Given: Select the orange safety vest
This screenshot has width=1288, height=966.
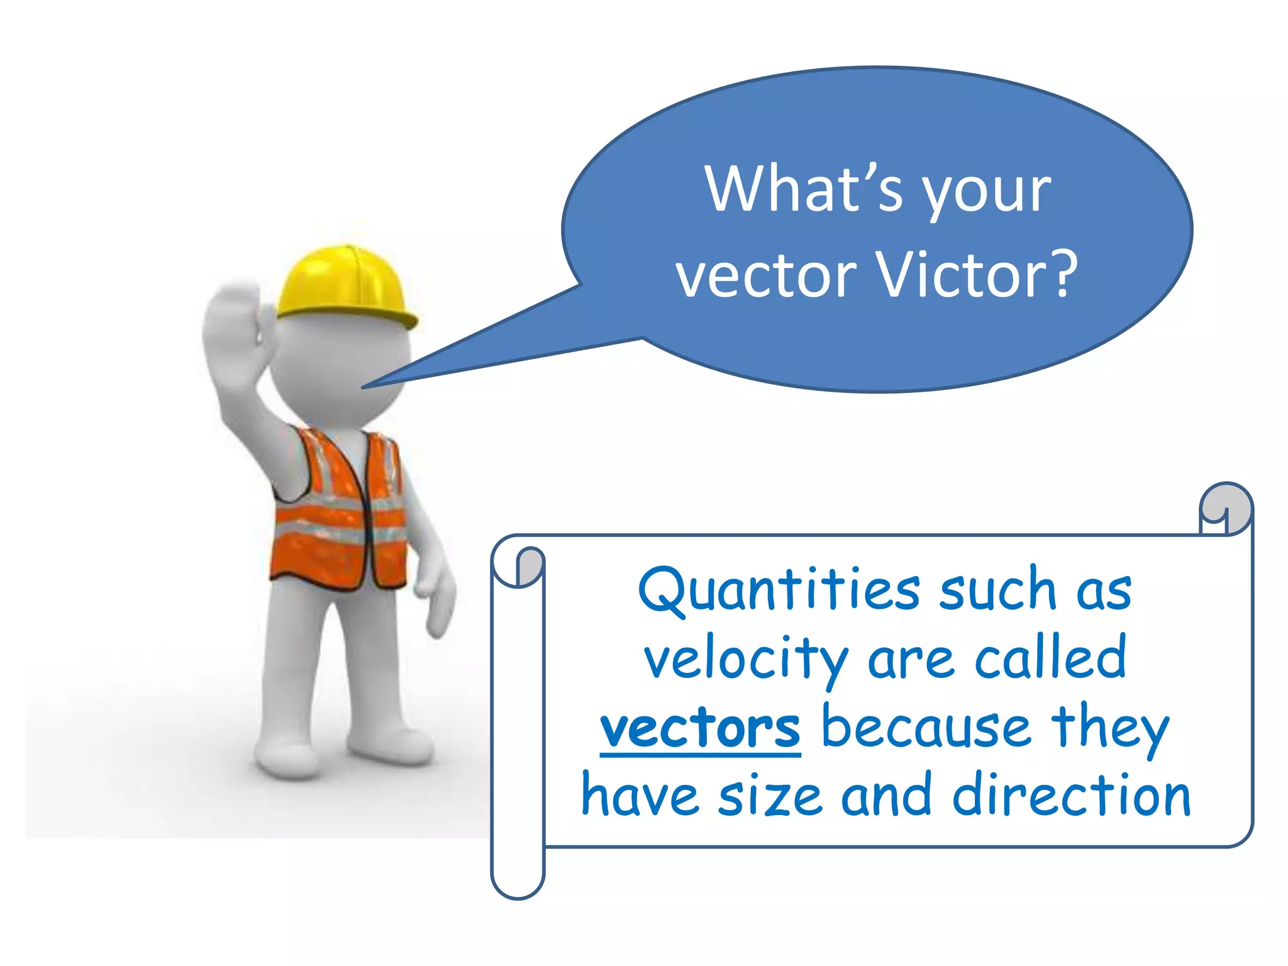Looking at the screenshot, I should coord(340,509).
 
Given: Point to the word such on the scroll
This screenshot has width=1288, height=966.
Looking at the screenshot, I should coord(997,591).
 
